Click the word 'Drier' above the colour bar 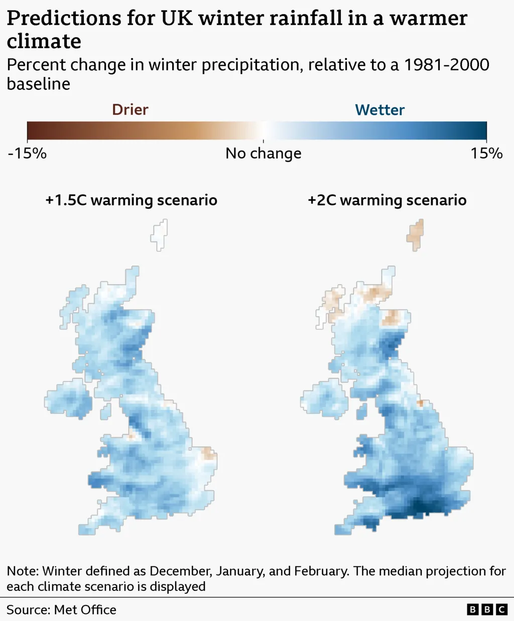click(130, 110)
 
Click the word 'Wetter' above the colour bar click(379, 110)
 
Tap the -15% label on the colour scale click(27, 153)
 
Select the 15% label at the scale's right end click(486, 153)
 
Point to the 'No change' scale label click(264, 153)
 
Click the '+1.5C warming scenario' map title click(132, 200)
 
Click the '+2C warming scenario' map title click(387, 200)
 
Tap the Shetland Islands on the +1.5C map click(160, 235)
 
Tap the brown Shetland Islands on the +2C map click(416, 235)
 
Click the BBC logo click(487, 609)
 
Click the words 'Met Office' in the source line click(85, 610)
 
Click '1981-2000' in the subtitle click(446, 65)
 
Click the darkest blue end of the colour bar click(483, 131)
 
